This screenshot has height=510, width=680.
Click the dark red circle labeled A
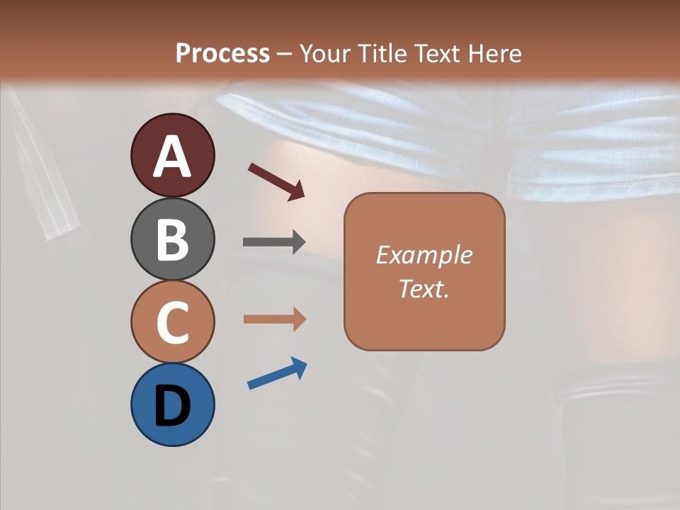172,155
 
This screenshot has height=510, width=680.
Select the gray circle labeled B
172,239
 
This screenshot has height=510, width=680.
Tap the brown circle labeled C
172,322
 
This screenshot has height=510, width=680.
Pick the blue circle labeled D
172,404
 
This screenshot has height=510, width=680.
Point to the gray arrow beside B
273,242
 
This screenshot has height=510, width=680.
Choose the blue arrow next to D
276,373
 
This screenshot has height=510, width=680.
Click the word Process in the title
222,53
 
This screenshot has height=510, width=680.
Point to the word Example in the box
424,255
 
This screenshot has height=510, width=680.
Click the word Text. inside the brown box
424,288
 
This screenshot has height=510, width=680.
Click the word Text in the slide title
439,53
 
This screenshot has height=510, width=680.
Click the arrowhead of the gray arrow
297,242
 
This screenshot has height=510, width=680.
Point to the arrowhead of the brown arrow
298,319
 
